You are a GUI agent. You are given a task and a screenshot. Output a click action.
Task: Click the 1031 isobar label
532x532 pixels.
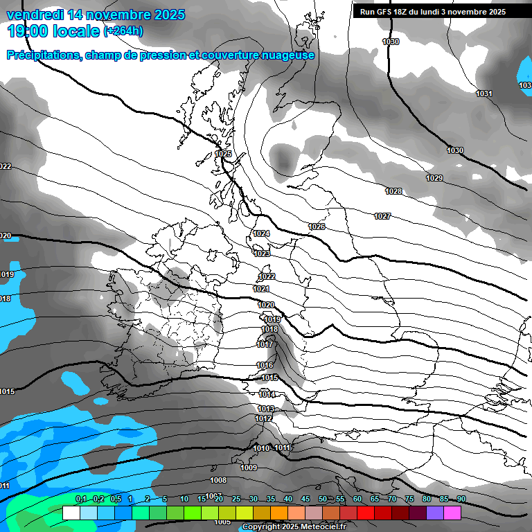pyautogui.click(x=484, y=94)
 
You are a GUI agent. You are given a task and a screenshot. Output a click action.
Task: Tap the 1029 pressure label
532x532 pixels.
pyautogui.click(x=434, y=179)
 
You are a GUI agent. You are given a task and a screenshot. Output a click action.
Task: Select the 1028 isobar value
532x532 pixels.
pyautogui.click(x=393, y=191)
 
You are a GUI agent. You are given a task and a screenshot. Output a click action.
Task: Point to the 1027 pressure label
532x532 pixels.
pyautogui.click(x=382, y=217)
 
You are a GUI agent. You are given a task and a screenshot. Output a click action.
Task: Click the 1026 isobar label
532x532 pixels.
pyautogui.click(x=317, y=227)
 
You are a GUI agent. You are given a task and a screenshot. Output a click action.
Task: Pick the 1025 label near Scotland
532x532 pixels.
pyautogui.click(x=223, y=154)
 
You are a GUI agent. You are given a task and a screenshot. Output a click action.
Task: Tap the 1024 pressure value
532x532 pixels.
pyautogui.click(x=261, y=234)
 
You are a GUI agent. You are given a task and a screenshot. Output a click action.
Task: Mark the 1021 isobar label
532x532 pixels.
pyautogui.click(x=261, y=289)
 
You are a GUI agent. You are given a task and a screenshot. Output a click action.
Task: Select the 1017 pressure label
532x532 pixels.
pyautogui.click(x=265, y=344)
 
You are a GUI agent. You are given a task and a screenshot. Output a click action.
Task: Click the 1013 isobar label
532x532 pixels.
pyautogui.click(x=266, y=409)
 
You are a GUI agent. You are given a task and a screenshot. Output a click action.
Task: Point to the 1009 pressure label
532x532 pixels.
pyautogui.click(x=249, y=468)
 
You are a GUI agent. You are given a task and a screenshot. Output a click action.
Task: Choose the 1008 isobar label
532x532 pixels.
pyautogui.click(x=218, y=480)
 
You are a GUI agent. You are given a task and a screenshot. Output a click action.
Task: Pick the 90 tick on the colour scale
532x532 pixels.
pyautogui.click(x=461, y=499)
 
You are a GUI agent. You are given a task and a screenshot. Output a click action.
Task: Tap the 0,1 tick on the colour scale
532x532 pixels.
pyautogui.click(x=80, y=499)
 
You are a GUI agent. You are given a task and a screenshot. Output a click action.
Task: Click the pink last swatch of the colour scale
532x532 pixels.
pyautogui.click(x=452, y=513)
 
